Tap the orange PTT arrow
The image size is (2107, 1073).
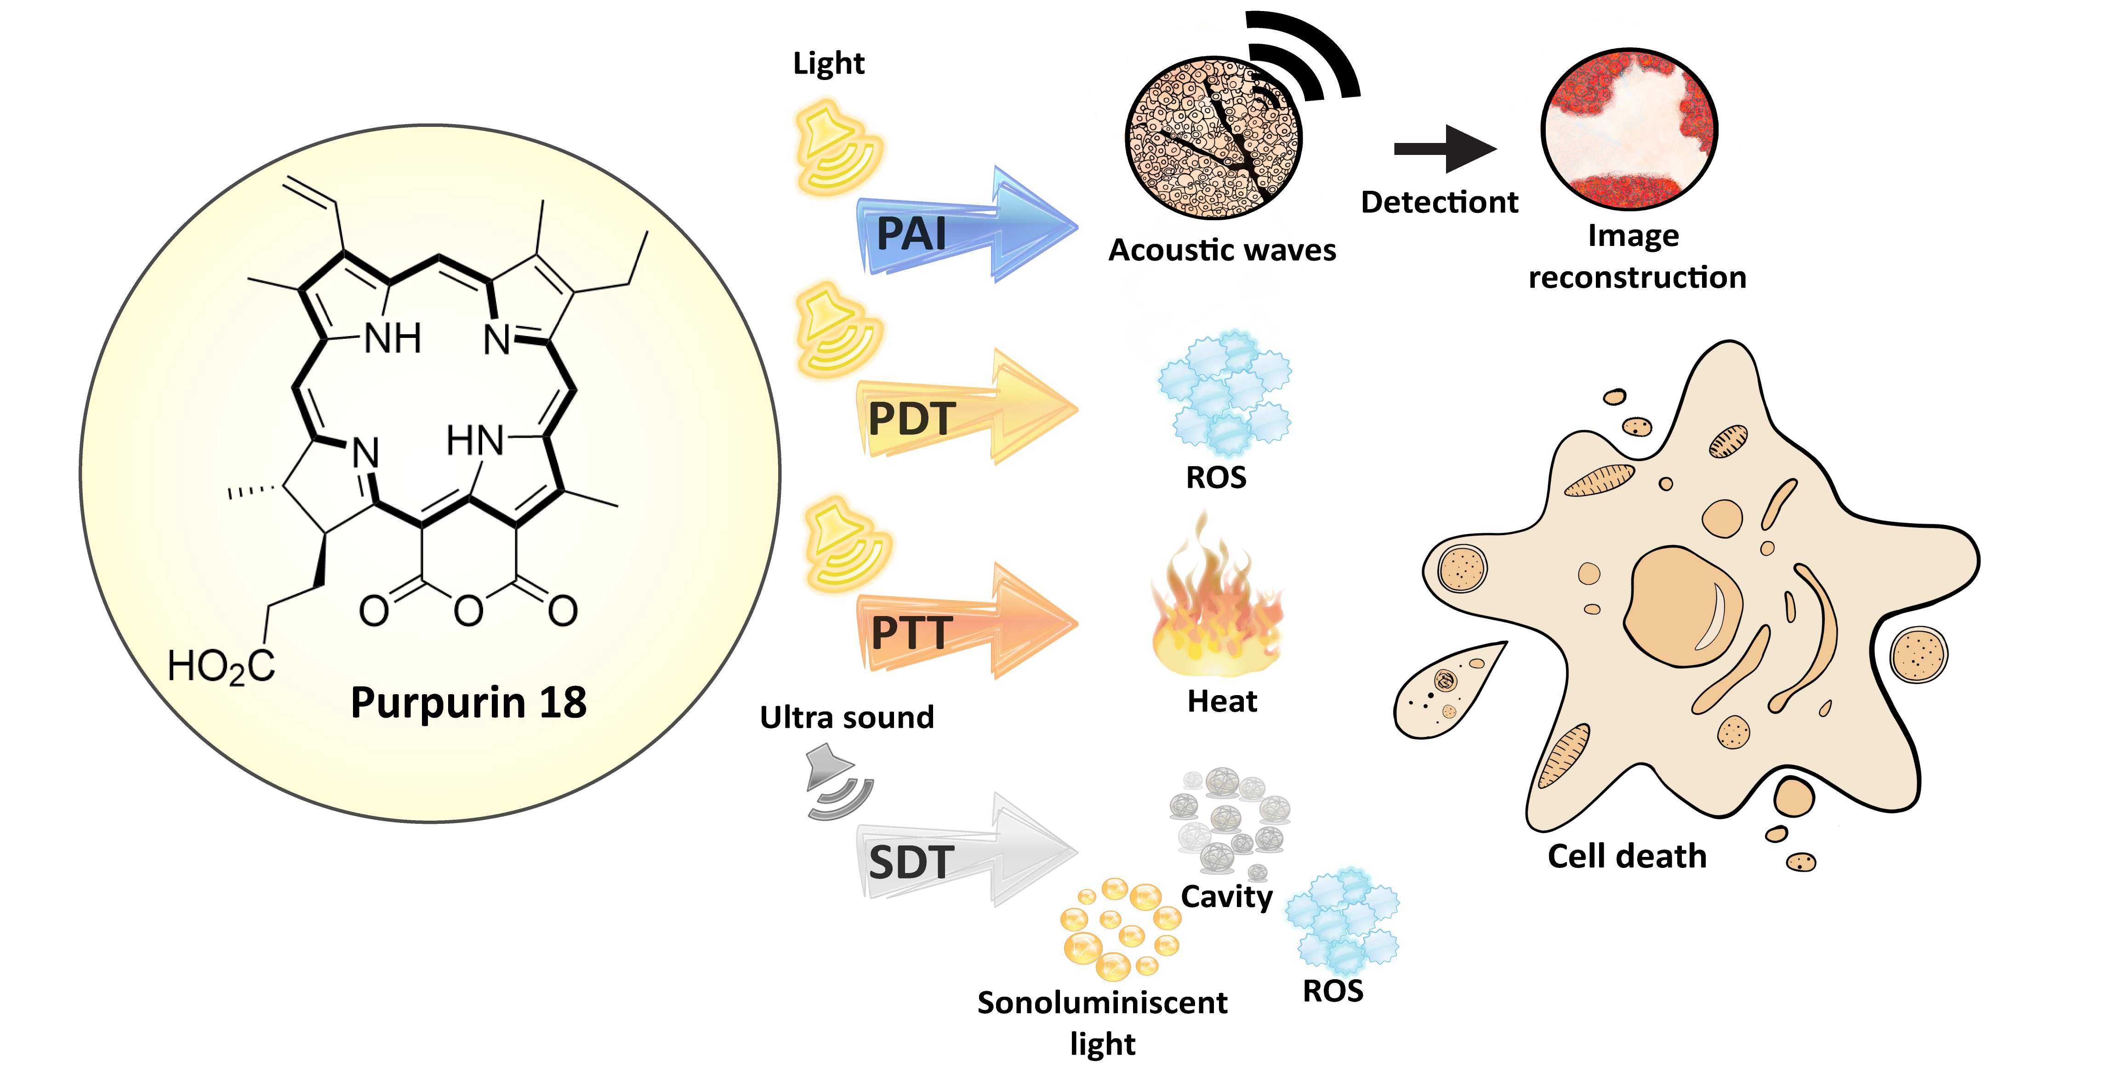point(965,628)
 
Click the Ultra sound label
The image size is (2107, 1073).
point(847,717)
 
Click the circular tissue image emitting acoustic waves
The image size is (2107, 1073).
point(1213,137)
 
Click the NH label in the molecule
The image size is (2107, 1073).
point(393,338)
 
